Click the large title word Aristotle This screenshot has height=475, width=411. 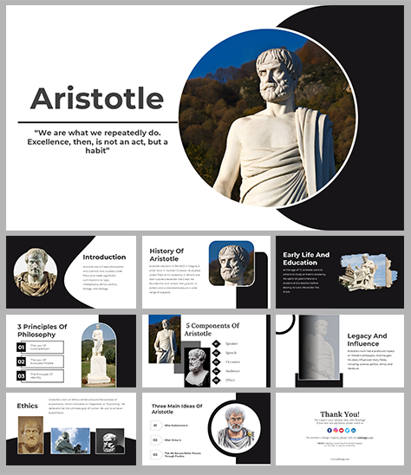(x=96, y=98)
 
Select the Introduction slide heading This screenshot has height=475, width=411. (x=104, y=257)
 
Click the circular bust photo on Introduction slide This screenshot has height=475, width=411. (x=36, y=270)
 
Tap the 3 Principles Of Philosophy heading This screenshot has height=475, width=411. (x=42, y=331)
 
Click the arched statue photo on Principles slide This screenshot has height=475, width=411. (x=98, y=355)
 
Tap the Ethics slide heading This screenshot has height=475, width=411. (x=28, y=406)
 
